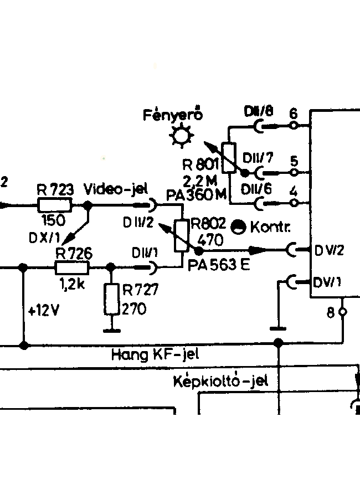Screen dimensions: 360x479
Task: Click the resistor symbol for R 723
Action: [55, 205]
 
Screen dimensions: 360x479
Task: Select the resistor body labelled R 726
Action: [72, 267]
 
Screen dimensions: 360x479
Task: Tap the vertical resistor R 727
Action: [111, 299]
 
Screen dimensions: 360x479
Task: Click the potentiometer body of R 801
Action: [229, 158]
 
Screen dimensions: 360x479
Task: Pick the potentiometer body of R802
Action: [182, 236]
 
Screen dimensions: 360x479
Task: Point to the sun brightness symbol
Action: [182, 135]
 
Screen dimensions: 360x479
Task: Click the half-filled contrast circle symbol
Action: [238, 227]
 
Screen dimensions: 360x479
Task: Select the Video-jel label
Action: [116, 189]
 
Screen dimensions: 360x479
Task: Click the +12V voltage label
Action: [43, 311]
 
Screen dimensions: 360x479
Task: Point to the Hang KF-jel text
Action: [155, 355]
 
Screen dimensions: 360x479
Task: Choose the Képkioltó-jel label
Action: [220, 381]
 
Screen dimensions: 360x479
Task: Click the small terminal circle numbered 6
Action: [294, 125]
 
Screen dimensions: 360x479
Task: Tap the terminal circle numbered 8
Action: [343, 312]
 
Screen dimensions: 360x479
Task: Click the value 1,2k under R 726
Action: [72, 285]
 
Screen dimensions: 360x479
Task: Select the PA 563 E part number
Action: [219, 265]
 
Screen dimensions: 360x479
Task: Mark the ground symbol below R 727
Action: [111, 331]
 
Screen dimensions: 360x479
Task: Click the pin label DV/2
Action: [330, 250]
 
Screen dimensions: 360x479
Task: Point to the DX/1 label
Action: [45, 238]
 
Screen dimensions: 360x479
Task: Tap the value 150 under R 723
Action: [53, 220]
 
